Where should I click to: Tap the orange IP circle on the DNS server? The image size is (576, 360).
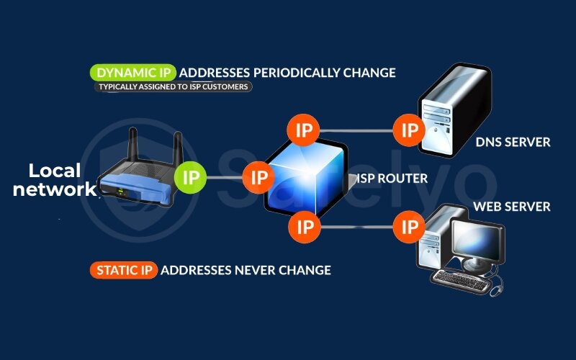[410, 130]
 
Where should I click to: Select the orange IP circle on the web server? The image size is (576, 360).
[410, 228]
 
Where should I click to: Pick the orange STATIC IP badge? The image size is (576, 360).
[123, 270]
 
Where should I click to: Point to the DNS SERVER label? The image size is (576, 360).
[513, 143]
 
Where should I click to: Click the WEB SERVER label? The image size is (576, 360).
[511, 207]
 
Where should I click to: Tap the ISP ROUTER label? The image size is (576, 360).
[392, 178]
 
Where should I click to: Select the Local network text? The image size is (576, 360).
[55, 180]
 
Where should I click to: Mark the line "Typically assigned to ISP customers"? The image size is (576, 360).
[173, 87]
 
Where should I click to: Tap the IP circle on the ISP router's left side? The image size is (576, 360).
[257, 176]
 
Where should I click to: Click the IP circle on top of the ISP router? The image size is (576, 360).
[303, 130]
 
